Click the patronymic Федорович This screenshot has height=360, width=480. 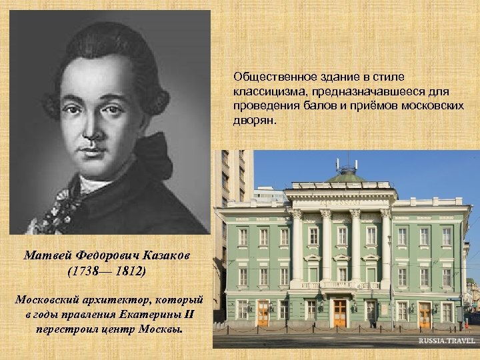pos(108,254)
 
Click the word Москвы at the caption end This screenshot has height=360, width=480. pos(159,329)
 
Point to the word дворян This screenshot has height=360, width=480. pos(251,121)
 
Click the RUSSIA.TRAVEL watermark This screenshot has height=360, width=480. pos(447,341)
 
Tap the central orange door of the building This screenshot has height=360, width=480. pos(340,312)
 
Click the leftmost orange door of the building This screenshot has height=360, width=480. pos(263,312)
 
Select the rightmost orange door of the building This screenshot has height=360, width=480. pos(425,313)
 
